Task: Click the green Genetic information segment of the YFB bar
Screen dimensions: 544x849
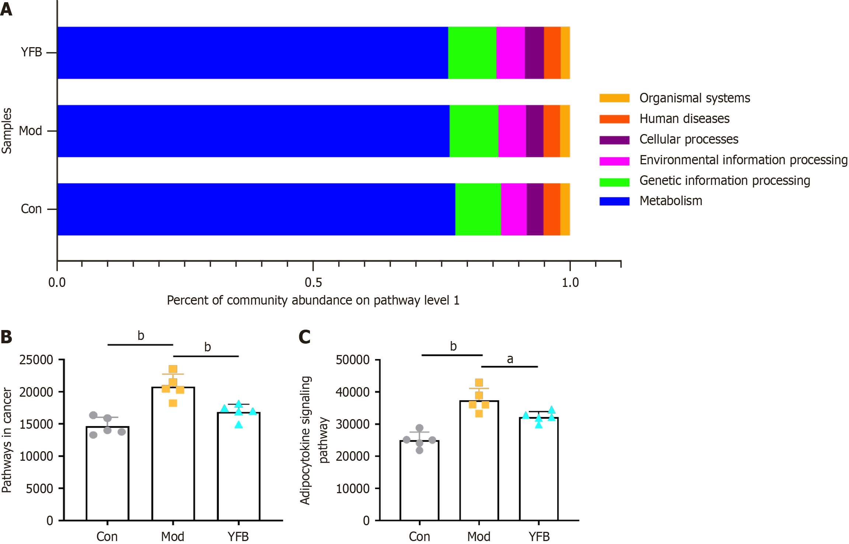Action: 472,53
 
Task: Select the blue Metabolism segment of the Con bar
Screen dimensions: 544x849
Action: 256,209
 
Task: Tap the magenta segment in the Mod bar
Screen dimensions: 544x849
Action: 512,131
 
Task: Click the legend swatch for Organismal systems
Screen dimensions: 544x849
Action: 614,98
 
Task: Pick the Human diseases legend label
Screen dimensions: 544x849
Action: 684,119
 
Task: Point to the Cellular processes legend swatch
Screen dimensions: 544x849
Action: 614,140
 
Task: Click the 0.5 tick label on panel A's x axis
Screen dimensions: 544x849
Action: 313,282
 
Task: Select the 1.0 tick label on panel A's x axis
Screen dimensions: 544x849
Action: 570,282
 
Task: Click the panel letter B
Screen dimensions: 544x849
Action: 6,337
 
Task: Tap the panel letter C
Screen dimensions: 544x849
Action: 304,337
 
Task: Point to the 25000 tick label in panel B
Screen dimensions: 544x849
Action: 36,360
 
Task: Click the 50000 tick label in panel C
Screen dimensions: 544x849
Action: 352,360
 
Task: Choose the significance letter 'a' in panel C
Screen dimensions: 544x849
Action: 510,359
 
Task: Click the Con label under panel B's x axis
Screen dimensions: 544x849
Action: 107,536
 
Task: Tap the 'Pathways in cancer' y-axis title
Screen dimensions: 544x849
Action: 7,440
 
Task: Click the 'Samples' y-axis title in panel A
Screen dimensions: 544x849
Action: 7,131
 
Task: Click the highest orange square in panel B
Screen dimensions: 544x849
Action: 173,369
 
